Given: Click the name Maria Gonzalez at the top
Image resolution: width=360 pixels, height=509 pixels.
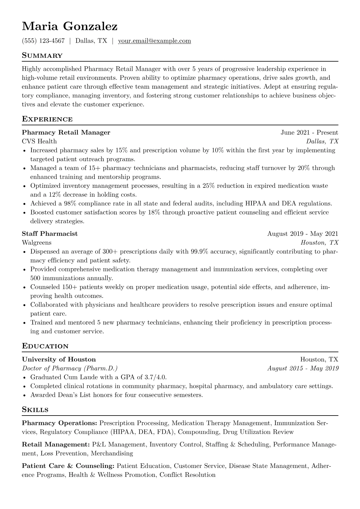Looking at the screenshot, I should (x=70, y=27).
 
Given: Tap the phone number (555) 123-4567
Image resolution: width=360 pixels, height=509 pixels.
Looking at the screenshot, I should (x=43, y=41).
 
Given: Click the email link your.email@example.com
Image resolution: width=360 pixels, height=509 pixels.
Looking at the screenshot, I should (x=154, y=41).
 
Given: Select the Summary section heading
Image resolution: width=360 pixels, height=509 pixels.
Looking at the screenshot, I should (x=42, y=56).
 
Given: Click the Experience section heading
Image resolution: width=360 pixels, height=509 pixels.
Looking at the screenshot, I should (x=47, y=119).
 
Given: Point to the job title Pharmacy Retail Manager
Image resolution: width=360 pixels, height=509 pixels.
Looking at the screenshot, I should (x=66, y=132).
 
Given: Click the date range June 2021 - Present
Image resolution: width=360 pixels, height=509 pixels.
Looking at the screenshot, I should (x=309, y=132).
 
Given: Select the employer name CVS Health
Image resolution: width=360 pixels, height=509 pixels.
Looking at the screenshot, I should (x=39, y=141).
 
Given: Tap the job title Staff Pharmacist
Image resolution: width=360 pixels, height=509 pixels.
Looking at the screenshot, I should (x=50, y=234).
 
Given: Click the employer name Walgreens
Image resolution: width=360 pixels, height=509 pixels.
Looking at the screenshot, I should (x=37, y=243).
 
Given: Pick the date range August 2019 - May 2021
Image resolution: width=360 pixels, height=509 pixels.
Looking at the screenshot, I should (x=303, y=234).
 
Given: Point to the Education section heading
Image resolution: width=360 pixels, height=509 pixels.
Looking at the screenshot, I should (x=45, y=346).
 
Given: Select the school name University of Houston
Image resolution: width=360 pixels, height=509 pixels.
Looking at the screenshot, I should (x=59, y=360).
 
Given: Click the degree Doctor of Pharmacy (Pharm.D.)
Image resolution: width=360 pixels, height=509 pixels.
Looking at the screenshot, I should (x=70, y=368).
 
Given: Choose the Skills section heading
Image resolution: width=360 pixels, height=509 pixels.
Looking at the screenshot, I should (x=35, y=410).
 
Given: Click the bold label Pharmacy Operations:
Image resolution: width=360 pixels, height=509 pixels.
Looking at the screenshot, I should (x=59, y=423).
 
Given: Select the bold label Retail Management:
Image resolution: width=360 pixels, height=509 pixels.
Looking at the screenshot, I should (x=56, y=445).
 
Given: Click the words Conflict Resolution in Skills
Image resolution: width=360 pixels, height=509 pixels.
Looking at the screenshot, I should (x=187, y=475).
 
